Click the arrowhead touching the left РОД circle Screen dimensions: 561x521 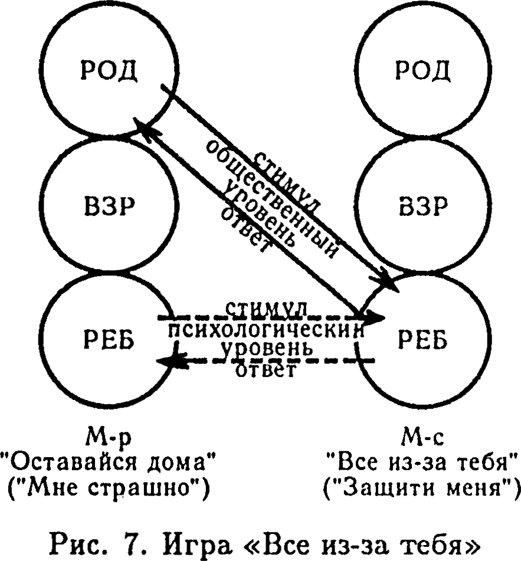click(142, 127)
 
